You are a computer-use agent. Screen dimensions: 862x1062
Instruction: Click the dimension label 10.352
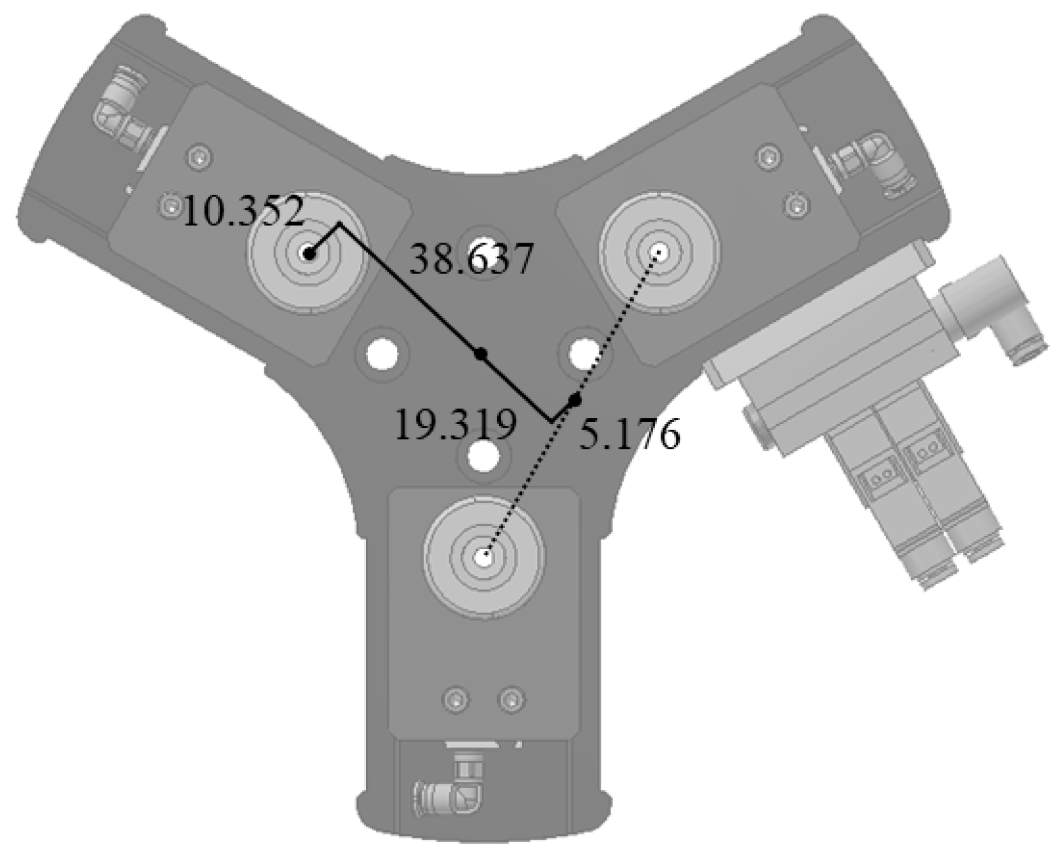(243, 211)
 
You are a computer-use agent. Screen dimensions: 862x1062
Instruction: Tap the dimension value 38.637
(471, 259)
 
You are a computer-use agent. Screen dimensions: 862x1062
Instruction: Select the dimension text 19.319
(455, 425)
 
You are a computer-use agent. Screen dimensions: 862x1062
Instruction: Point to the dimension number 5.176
(629, 435)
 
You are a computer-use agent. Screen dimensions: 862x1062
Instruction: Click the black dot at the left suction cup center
(309, 253)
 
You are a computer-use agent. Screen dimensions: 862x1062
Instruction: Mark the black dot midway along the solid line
(481, 353)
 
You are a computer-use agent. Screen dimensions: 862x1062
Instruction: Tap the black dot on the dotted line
(575, 401)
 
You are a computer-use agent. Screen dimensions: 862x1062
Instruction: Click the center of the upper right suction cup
(659, 253)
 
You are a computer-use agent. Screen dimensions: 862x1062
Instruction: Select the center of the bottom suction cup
(484, 557)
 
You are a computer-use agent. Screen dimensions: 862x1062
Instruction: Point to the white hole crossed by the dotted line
(584, 352)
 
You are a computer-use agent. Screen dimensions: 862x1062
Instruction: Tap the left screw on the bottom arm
(456, 698)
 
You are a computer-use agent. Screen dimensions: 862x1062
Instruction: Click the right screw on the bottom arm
(510, 698)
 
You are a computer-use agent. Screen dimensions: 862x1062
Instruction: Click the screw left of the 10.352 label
(170, 206)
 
